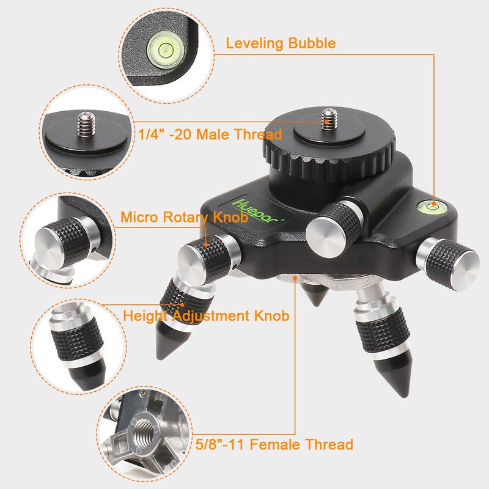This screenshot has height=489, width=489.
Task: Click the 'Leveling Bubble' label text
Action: pos(281,43)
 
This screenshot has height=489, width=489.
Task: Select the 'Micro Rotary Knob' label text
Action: pos(183,217)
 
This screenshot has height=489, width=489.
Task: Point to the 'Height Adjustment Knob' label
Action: pos(206,316)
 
